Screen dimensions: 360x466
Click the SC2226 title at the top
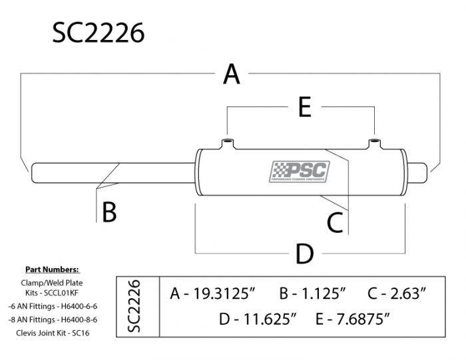[x=98, y=31]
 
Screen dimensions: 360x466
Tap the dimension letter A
[x=231, y=74]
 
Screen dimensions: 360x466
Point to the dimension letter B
[x=109, y=212]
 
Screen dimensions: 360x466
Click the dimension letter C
[x=336, y=222]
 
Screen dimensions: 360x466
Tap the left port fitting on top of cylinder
[x=227, y=143]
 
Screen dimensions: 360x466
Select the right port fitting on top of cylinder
[x=375, y=143]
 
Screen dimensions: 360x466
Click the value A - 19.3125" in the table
[x=213, y=293]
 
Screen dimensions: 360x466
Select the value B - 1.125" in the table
[x=313, y=293]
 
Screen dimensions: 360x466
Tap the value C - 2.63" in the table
[x=397, y=293]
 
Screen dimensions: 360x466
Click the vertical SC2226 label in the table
[x=134, y=305]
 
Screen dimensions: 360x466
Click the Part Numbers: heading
[x=52, y=270]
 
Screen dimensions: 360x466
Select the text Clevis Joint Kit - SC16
[x=52, y=331]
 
